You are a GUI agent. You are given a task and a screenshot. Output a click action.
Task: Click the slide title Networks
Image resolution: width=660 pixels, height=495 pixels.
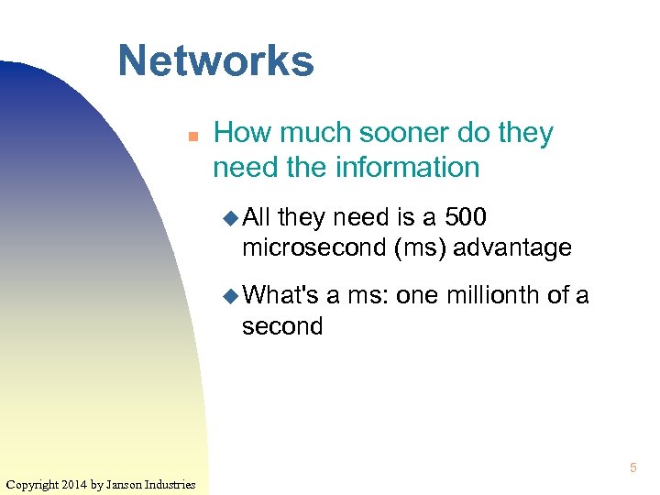click(x=215, y=61)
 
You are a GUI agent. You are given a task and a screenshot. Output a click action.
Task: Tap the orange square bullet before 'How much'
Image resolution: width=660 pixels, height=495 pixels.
click(x=193, y=136)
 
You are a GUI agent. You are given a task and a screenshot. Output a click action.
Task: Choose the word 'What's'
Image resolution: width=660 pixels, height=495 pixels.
click(x=282, y=295)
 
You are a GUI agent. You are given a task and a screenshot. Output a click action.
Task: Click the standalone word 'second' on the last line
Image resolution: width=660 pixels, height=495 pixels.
click(x=282, y=325)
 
